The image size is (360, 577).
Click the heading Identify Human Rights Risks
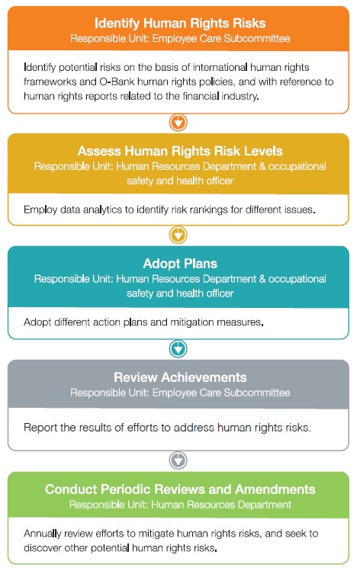click(x=180, y=23)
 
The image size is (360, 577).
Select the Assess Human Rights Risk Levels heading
click(x=180, y=151)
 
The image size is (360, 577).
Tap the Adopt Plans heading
click(x=180, y=264)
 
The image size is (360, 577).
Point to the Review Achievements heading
click(x=180, y=377)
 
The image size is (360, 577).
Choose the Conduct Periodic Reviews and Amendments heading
click(x=180, y=489)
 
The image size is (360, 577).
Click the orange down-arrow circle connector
click(x=178, y=122)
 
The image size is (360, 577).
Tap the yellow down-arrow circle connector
click(x=178, y=235)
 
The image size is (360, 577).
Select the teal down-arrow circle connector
click(x=178, y=348)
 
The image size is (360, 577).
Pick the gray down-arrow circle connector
click(x=178, y=460)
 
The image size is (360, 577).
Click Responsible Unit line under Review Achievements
click(x=180, y=393)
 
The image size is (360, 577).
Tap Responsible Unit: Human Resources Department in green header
click(x=180, y=505)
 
